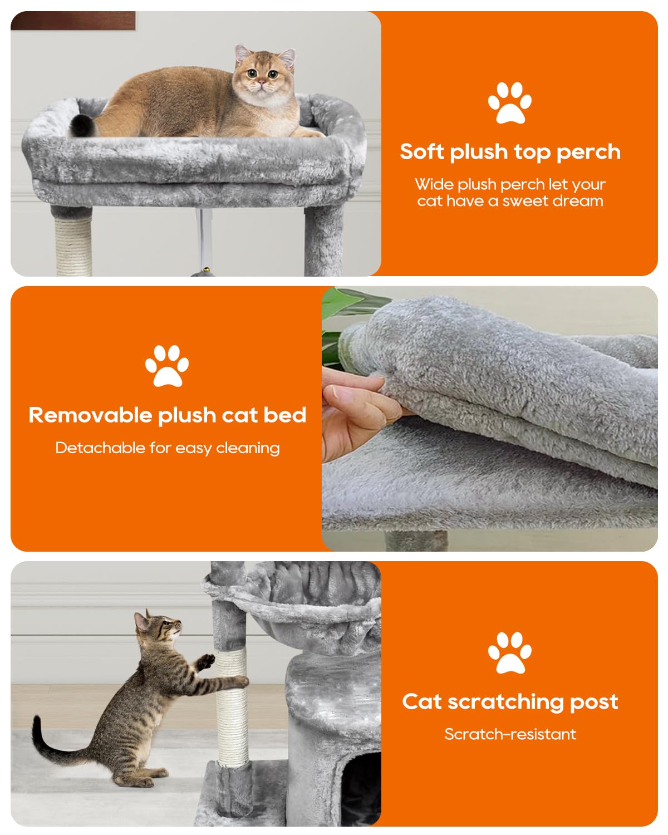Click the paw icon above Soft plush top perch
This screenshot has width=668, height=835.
point(509,102)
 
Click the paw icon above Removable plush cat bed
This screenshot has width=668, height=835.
point(167,366)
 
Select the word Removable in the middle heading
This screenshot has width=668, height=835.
point(90,415)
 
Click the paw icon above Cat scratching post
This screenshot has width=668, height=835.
point(509,652)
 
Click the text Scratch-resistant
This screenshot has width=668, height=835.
point(510,734)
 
